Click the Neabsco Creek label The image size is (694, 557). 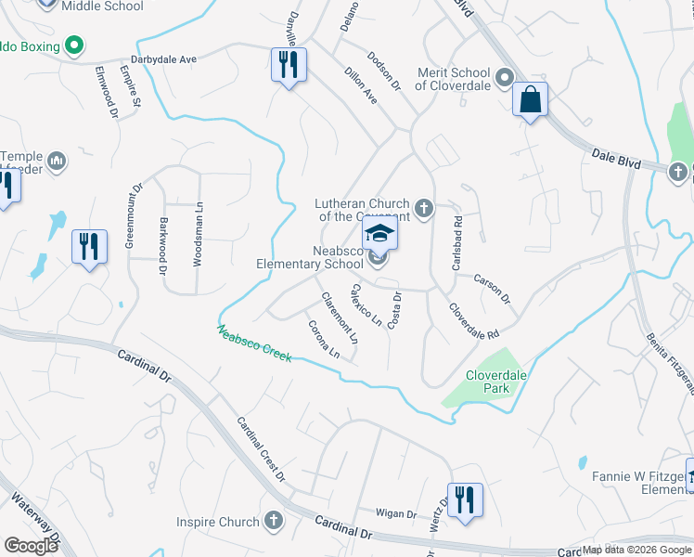[255, 343]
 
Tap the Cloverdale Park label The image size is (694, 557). [489, 383]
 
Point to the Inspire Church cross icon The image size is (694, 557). [274, 522]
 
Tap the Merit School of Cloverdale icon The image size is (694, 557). [504, 77]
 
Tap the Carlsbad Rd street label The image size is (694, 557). [457, 243]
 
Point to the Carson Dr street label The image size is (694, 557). [492, 288]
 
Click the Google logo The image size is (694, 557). [31, 545]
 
